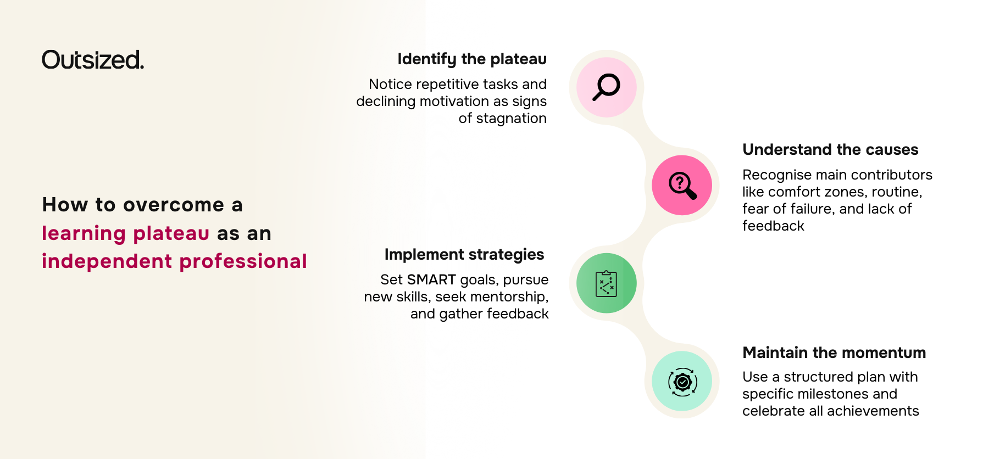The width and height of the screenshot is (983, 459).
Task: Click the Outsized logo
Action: click(93, 60)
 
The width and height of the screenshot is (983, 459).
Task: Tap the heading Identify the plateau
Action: click(471, 59)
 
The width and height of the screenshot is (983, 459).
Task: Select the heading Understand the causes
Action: click(830, 150)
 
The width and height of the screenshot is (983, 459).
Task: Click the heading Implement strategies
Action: click(464, 255)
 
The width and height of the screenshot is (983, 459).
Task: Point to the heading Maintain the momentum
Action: click(834, 353)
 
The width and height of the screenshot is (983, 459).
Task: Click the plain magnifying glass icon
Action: click(606, 87)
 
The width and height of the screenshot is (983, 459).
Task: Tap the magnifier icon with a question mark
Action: click(682, 185)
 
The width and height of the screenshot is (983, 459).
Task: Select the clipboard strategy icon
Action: click(606, 283)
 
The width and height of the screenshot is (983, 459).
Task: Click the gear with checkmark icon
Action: click(682, 382)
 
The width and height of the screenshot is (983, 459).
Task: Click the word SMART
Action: click(431, 280)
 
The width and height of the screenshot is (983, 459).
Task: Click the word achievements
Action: click(873, 411)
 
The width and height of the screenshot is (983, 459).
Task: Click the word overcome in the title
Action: click(174, 205)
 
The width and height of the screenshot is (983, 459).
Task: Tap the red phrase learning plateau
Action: click(126, 233)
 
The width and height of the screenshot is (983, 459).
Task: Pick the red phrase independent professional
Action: click(174, 261)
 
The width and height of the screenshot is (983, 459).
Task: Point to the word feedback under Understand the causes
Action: click(773, 226)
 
